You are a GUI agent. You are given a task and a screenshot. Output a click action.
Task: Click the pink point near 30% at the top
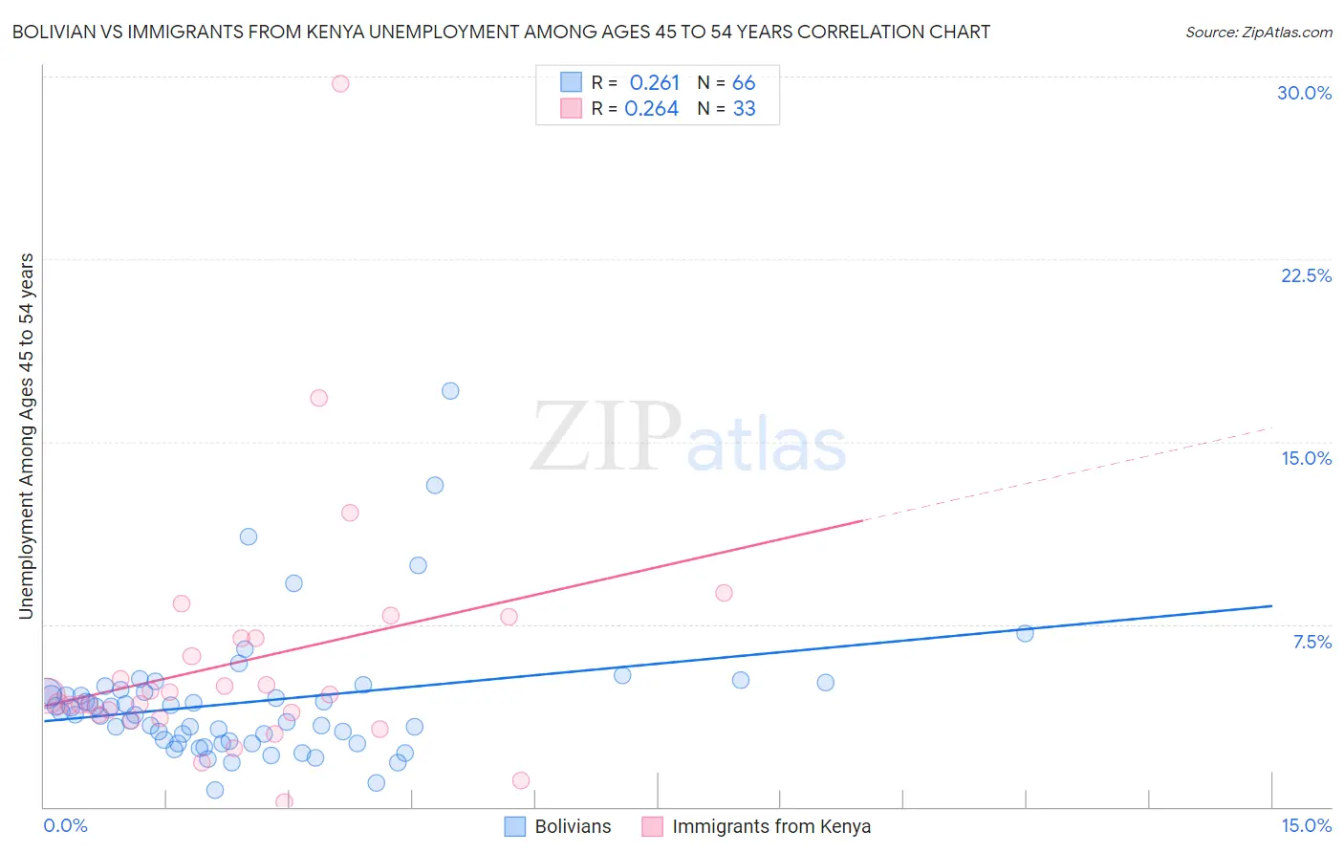coord(340,83)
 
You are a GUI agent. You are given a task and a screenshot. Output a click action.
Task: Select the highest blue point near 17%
coord(450,390)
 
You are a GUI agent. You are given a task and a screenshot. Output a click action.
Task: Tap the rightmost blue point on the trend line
coord(1025,633)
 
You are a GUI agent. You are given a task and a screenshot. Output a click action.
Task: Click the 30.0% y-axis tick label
coord(1304,93)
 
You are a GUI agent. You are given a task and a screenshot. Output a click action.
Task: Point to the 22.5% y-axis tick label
coord(1306,275)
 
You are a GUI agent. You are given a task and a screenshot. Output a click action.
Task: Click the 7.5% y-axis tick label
coord(1311,642)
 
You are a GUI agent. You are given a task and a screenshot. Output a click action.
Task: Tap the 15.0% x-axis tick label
coord(1306,825)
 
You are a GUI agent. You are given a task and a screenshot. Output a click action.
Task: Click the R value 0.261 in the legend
coord(654,83)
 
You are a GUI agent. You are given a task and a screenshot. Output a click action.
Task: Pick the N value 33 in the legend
coord(744,109)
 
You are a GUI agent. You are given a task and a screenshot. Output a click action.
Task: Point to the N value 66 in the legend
coord(744,83)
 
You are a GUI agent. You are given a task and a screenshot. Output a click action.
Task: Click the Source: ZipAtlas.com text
coord(1258,32)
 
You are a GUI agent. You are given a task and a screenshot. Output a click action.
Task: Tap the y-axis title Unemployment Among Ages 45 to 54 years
coord(26,436)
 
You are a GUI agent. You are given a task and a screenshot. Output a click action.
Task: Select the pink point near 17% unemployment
coord(319,398)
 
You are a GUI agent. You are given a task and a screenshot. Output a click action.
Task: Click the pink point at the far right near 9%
coord(724,593)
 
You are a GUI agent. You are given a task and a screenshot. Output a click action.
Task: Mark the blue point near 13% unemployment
coord(435,485)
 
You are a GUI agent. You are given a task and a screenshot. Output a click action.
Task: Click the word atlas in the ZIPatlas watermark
coord(766,446)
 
